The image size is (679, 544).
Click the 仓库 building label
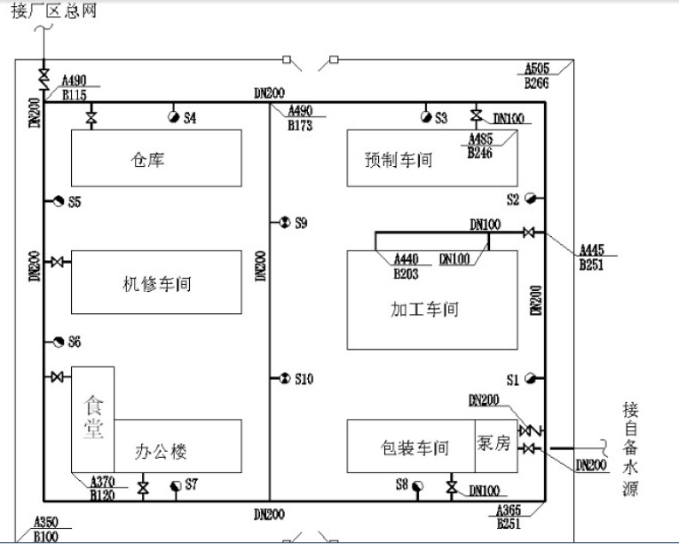point(148,161)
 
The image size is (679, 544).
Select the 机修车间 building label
point(156,285)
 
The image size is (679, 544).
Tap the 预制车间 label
point(399,161)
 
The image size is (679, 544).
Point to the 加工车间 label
point(424,311)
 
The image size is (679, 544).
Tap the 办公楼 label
point(162,452)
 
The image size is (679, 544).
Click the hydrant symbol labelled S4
point(173,117)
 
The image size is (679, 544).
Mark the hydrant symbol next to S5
point(57,202)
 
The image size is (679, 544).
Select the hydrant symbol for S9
point(284,222)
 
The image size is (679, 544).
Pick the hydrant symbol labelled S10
point(284,380)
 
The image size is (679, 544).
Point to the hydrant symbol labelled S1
point(530,380)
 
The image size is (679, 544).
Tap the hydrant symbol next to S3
point(426,117)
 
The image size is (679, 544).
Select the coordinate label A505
point(536,68)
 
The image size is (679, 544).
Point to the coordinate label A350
point(45,523)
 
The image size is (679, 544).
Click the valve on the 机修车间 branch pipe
point(57,263)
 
